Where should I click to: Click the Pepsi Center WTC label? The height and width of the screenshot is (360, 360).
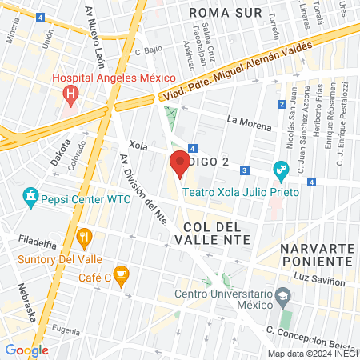point(78,195)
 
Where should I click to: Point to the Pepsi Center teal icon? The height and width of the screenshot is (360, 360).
point(30,195)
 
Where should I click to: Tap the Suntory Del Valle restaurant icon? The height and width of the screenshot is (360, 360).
point(83,237)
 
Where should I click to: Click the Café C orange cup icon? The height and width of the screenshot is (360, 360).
point(121,276)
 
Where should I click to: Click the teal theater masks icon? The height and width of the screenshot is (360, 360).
point(280,169)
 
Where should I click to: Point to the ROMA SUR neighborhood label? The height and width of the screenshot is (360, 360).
point(227,14)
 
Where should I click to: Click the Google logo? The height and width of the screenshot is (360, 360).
point(26,350)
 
